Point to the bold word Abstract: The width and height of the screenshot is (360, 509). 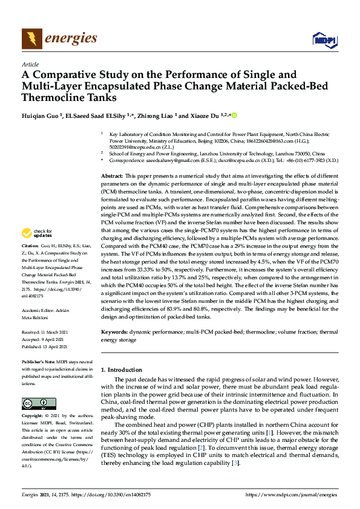click(113, 174)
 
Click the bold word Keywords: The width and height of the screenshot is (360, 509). click(115, 332)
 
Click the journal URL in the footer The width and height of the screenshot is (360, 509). click(289, 494)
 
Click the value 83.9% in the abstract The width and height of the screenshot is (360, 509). click(208, 308)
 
